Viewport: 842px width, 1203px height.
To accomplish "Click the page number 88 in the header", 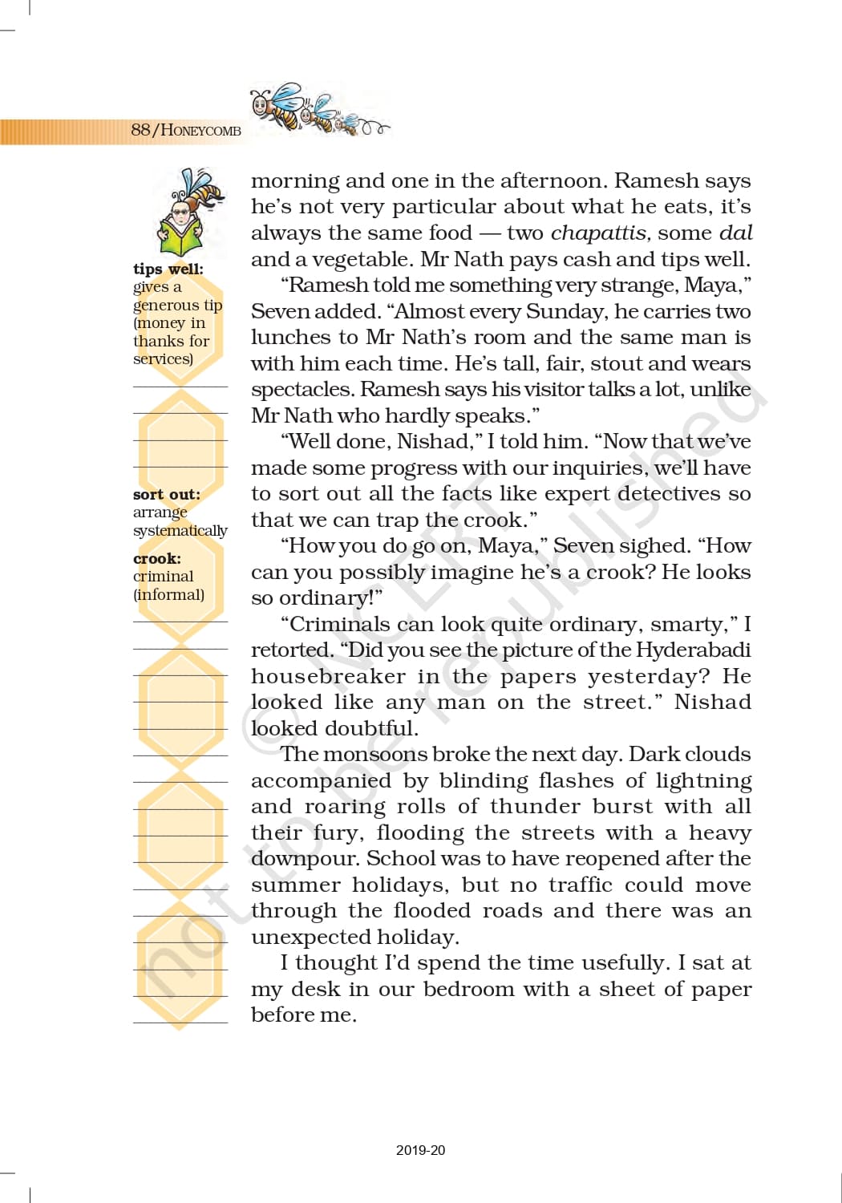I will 140,130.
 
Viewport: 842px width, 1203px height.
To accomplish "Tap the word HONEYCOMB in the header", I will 200,131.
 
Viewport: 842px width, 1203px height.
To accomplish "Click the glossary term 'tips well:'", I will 168,269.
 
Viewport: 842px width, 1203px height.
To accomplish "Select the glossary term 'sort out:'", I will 166,494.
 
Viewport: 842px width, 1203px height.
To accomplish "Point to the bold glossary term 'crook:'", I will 156,558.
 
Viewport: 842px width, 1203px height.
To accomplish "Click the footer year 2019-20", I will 420,1150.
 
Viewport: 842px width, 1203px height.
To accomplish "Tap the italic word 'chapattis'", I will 599,233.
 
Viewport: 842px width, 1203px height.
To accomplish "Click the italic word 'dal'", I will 735,233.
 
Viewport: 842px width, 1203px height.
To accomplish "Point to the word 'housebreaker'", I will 328,676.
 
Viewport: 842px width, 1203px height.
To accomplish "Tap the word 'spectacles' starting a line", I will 302,390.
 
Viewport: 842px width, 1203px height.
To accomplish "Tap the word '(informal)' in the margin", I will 168,594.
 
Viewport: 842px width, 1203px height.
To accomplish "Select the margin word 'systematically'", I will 180,530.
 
